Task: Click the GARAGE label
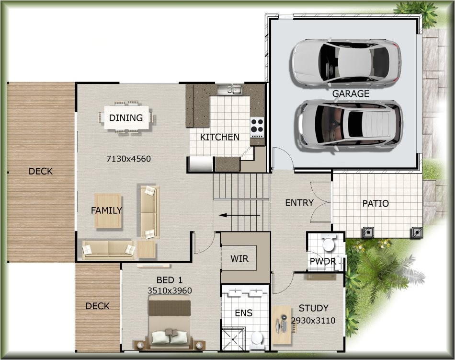coord(351,93)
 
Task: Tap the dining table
coord(126,117)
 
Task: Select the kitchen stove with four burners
coord(257,127)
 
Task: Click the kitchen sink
coord(230,90)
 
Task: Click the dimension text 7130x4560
coord(128,159)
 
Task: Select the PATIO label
coord(375,203)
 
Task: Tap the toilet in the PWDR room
coord(329,244)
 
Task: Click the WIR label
coord(239,259)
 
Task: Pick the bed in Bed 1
coord(169,321)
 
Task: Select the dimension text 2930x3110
coord(313,321)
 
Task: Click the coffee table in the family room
coord(108,210)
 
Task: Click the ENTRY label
coord(299,203)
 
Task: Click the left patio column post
coord(368,232)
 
